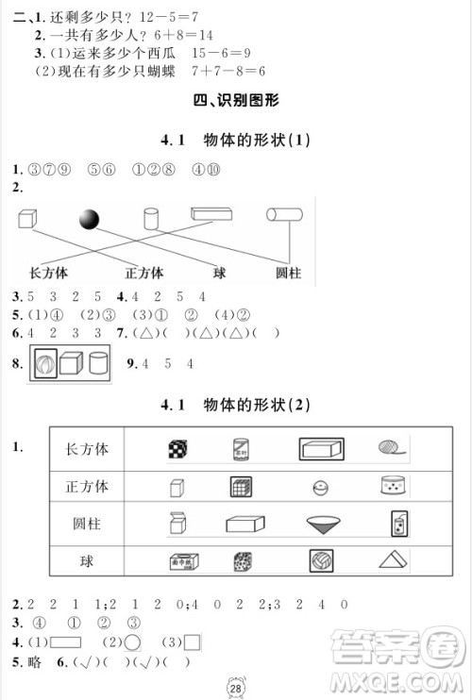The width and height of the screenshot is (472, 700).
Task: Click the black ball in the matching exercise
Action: coord(89,220)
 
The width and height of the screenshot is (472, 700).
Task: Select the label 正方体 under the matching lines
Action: coord(144,273)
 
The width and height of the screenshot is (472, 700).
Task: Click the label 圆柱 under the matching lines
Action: coord(287,273)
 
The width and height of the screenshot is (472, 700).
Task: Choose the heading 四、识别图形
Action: coord(236,100)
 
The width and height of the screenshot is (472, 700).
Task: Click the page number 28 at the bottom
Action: coord(237,682)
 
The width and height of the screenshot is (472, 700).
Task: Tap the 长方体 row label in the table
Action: coord(86,449)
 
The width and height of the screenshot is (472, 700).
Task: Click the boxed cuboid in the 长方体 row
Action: coord(321,450)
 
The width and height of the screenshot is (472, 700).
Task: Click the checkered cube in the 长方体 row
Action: coord(177,450)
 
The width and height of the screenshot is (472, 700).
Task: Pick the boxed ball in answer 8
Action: coord(44,363)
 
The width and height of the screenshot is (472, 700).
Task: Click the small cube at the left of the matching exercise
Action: coord(27,219)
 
